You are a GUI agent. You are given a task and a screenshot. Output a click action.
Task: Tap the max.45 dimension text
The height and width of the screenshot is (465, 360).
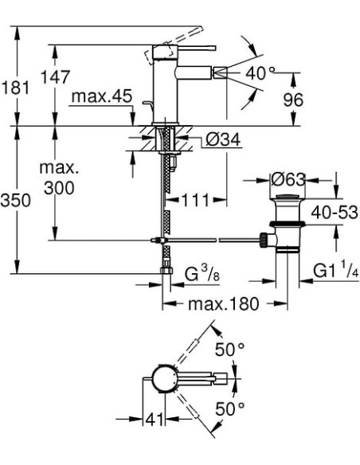(x=100, y=97)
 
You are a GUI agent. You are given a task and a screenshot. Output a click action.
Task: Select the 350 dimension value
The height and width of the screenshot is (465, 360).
(x=16, y=201)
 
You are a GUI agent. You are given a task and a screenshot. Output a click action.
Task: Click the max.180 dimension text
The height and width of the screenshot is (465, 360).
(x=215, y=304)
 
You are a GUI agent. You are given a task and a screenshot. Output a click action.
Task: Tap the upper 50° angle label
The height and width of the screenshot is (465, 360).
(x=232, y=349)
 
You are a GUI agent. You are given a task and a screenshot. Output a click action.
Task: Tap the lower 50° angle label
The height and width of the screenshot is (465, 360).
(x=232, y=409)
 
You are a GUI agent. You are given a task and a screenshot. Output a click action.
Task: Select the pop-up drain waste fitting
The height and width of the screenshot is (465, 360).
(x=284, y=227)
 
